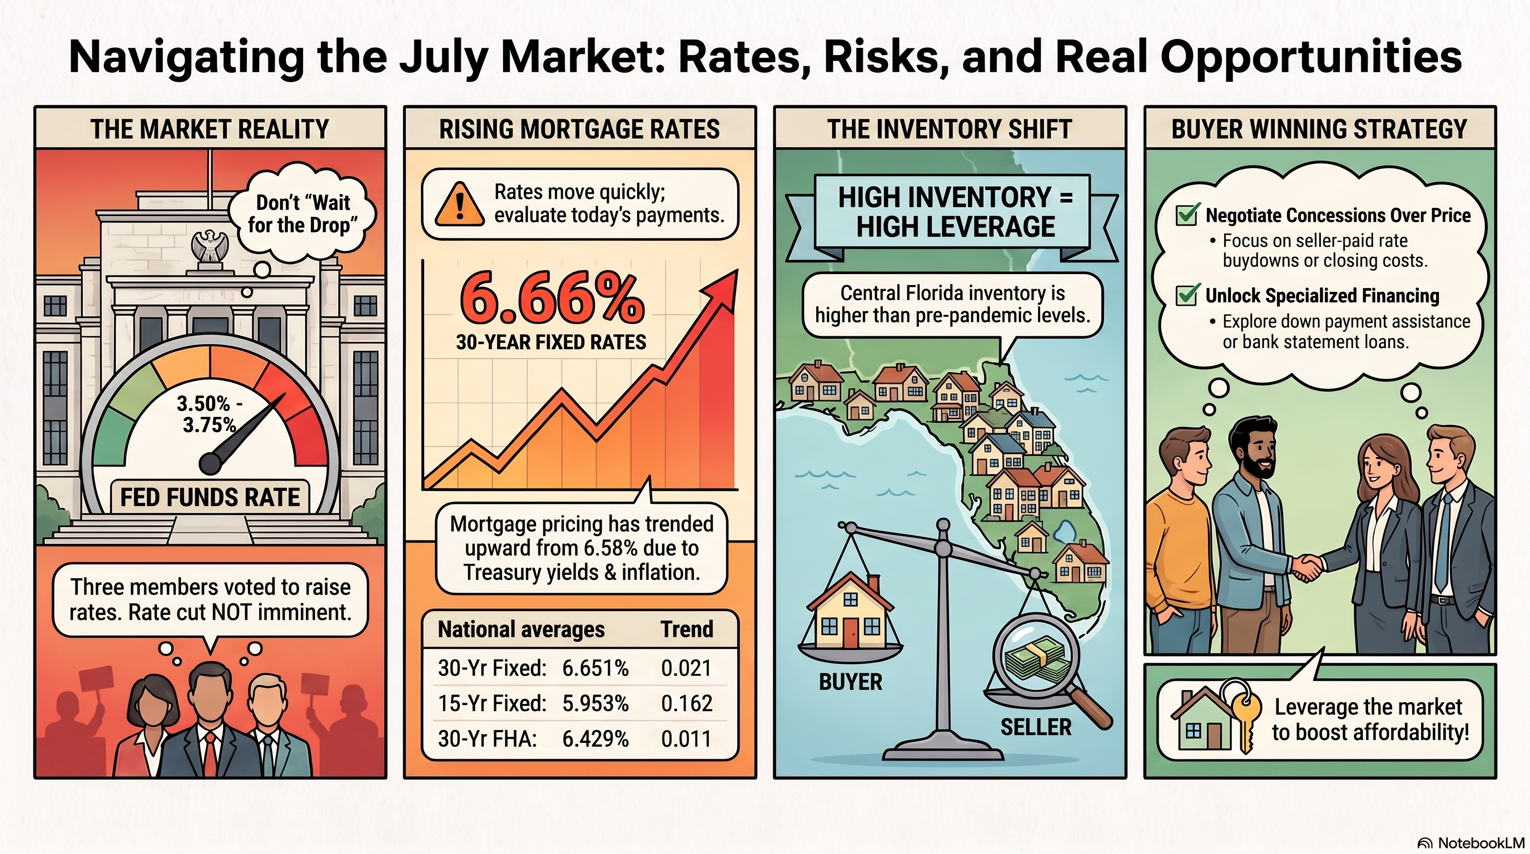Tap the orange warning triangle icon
pos(459,205)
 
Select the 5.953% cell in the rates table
pos(595,703)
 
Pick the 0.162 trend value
pos(686,703)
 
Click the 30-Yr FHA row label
pos(487,739)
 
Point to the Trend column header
pos(687,629)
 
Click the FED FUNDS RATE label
pos(210,497)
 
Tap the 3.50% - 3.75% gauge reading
pos(210,414)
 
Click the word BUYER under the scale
pos(851,682)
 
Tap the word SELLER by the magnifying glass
pos(1036,727)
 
